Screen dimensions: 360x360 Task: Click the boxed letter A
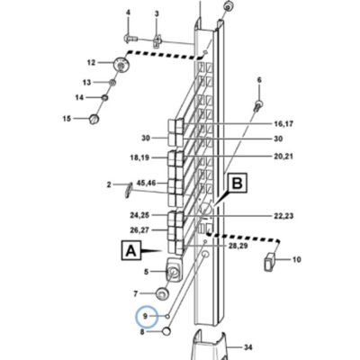[x=130, y=250]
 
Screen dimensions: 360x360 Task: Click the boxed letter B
[x=238, y=183]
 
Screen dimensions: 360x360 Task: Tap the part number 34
[x=247, y=347]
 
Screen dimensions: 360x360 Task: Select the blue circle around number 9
[x=147, y=316]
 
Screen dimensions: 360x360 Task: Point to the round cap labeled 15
[x=94, y=119]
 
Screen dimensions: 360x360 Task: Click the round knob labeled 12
[x=121, y=65]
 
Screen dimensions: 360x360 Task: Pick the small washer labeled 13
[x=112, y=82]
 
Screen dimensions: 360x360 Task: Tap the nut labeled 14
[x=105, y=97]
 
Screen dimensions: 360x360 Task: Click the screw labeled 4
[x=130, y=38]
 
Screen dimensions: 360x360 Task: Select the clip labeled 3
[x=157, y=40]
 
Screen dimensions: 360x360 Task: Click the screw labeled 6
[x=258, y=106]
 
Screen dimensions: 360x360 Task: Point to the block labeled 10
[x=270, y=261]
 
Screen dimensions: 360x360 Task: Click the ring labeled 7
[x=162, y=293]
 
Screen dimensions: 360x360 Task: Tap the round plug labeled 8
[x=166, y=331]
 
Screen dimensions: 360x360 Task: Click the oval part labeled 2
[x=128, y=190]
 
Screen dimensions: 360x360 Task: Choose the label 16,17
[x=283, y=123]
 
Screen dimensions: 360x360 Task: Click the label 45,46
[x=146, y=183]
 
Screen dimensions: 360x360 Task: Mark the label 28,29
[x=237, y=246]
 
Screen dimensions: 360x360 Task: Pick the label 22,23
[x=283, y=216]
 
